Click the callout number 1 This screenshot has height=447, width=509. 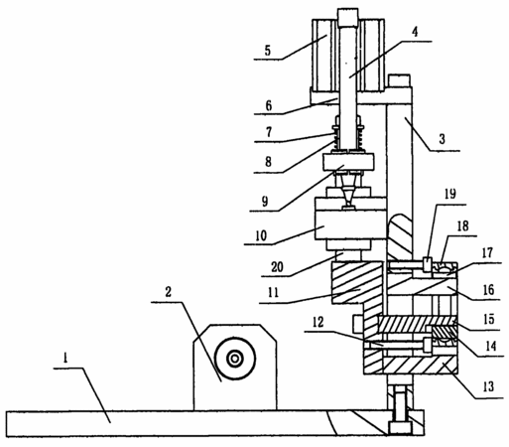65,358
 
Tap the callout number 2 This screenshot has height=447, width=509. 168,292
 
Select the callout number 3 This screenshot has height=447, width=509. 442,139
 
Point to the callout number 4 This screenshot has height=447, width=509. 415,32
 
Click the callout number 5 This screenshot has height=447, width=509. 267,51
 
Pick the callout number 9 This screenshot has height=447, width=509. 265,202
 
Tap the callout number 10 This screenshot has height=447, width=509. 261,235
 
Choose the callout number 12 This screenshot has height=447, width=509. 318,322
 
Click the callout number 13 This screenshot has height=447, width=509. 488,386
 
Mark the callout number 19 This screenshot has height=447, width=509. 450,194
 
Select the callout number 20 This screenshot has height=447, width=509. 277,267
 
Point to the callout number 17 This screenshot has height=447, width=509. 487,252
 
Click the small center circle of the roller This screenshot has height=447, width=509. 235,359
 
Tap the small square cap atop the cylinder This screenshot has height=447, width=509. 347,18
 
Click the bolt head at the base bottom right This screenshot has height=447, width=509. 400,427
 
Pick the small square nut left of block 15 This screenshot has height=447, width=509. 358,324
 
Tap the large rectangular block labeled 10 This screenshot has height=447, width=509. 350,219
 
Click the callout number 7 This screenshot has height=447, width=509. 269,132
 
